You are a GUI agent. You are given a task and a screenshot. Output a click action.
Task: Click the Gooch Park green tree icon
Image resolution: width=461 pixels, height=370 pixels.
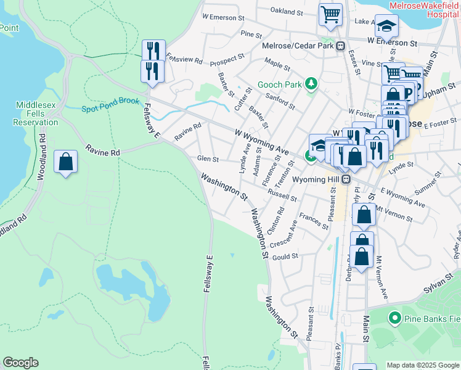312,83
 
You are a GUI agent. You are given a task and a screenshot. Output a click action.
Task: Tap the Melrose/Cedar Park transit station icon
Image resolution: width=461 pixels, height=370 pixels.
340,46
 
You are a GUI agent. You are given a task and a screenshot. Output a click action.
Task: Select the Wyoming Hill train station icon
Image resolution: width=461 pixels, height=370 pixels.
346,179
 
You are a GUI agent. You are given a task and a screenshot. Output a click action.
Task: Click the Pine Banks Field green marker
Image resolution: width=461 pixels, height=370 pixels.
394,318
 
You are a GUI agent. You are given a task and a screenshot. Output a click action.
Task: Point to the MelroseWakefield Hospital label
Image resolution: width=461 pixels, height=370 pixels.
424,9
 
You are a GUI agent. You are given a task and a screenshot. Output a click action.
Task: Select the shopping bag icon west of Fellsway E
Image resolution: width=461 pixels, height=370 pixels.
66,163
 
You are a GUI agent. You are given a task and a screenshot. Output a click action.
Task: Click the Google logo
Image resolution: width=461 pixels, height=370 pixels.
20,363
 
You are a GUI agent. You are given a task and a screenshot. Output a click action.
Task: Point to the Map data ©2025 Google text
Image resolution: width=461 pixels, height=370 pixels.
423,365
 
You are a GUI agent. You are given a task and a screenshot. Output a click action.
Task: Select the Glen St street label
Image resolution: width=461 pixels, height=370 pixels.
208,159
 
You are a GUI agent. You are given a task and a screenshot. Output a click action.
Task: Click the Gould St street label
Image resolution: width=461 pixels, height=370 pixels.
286,256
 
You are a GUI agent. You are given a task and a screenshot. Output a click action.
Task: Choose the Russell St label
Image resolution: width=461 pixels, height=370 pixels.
282,195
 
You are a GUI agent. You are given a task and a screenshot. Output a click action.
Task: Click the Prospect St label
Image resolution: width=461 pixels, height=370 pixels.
227,60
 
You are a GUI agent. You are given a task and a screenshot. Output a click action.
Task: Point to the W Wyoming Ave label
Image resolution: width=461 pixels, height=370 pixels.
261,141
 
